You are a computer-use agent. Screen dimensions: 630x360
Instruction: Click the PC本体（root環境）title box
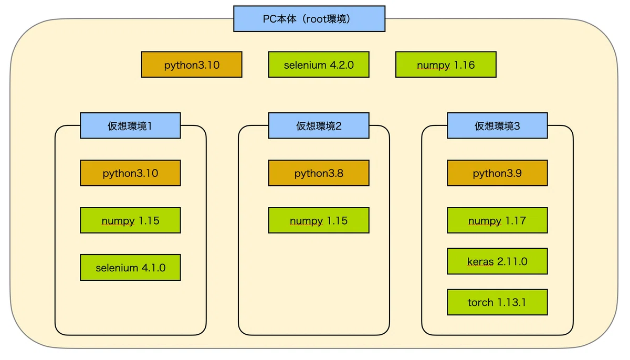click(309, 19)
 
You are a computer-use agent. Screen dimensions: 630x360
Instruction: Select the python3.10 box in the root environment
click(192, 65)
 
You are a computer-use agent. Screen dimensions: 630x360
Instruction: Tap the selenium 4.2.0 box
click(319, 65)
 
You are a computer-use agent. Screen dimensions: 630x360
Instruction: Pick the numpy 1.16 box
click(446, 65)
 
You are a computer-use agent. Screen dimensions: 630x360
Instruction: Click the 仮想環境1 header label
click(130, 125)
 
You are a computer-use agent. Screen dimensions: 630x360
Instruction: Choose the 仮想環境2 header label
click(319, 125)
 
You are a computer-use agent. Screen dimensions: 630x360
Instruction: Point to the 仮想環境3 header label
click(497, 125)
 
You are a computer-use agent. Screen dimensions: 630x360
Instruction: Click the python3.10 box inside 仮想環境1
click(130, 173)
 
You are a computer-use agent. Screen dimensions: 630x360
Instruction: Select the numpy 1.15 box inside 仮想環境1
click(130, 220)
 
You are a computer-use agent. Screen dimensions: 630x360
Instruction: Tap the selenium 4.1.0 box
click(130, 268)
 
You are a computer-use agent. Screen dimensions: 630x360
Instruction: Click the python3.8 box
click(319, 173)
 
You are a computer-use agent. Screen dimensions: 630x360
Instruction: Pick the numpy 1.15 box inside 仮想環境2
click(319, 220)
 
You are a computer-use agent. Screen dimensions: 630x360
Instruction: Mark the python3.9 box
click(497, 173)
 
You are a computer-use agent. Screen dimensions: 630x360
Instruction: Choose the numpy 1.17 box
click(497, 220)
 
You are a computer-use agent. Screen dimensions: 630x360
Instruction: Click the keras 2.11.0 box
click(497, 261)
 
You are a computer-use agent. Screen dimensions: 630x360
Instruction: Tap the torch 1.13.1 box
click(497, 302)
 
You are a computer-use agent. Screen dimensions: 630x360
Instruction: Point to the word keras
click(480, 261)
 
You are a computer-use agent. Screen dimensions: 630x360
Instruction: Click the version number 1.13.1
click(511, 302)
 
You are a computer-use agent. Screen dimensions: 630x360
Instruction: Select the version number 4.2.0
click(342, 65)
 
